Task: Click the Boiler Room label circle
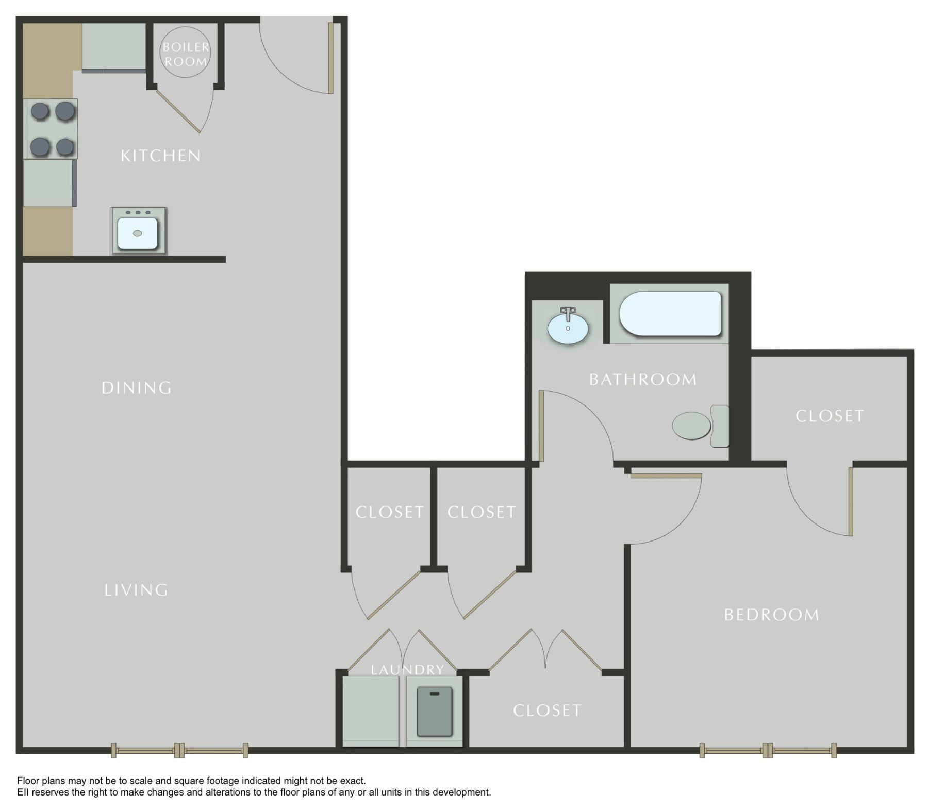tap(186, 53)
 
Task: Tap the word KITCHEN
tap(160, 156)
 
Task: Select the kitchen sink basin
tap(137, 233)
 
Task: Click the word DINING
tap(137, 387)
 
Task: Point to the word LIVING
tap(136, 590)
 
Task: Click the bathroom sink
tap(568, 328)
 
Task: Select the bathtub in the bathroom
tap(670, 314)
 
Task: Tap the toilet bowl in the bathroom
tap(692, 426)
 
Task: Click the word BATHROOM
tap(643, 380)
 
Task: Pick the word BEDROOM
tap(771, 615)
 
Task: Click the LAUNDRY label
tap(407, 670)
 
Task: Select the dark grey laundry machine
tap(435, 711)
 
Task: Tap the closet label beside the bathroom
tap(830, 416)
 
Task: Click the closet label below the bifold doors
tap(547, 711)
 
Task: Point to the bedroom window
tap(768, 750)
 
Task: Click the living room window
tap(179, 750)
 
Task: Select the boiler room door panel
tap(178, 112)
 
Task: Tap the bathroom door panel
tap(541, 426)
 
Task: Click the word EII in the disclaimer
tap(23, 792)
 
